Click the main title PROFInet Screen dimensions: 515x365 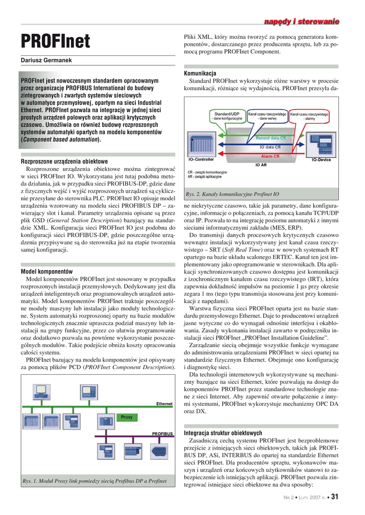click(x=55, y=41)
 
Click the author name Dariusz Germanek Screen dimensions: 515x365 click(x=46, y=60)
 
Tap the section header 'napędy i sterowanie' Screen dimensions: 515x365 click(x=302, y=21)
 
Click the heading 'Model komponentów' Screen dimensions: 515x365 click(x=47, y=271)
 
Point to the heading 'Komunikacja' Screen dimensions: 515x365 click(x=200, y=73)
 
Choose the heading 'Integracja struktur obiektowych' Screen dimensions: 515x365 click(x=223, y=433)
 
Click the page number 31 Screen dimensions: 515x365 click(x=335, y=497)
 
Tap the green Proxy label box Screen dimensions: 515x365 click(x=126, y=417)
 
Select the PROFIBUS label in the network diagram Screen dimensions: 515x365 click(x=162, y=434)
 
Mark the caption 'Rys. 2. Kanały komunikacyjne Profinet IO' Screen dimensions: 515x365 click(x=232, y=194)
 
